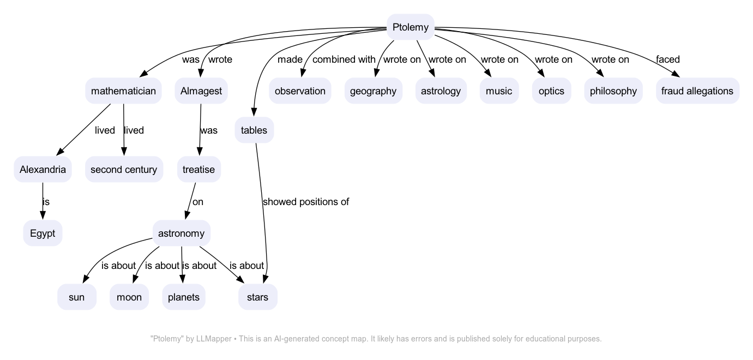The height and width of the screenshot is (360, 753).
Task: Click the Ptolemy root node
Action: pos(410,27)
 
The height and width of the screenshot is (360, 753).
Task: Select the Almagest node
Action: pos(201,91)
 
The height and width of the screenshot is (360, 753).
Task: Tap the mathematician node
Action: pos(124,91)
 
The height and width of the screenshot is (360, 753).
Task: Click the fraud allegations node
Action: pos(697,91)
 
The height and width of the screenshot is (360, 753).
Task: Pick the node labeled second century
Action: pos(124,170)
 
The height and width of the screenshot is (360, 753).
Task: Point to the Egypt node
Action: pos(43,234)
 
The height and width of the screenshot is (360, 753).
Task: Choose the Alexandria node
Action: pos(43,170)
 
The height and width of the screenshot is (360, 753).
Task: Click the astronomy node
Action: pos(181,234)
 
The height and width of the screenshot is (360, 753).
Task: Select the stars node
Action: pos(257,297)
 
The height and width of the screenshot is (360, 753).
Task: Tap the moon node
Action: pos(129,297)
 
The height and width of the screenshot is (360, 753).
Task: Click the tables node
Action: pos(254,130)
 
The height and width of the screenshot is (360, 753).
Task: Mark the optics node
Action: pos(551,91)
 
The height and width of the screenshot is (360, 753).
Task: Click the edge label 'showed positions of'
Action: pos(305,202)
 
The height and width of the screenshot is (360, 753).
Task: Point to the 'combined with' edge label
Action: pos(344,59)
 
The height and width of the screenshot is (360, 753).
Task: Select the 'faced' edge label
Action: pos(667,59)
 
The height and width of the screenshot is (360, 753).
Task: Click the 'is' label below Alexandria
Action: pos(46,202)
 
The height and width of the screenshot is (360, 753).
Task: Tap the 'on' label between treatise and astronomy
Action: pos(198,202)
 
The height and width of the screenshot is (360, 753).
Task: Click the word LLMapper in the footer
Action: pos(214,339)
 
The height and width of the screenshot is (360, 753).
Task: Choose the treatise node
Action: pos(198,170)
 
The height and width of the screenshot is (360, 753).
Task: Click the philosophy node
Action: pos(613,91)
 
